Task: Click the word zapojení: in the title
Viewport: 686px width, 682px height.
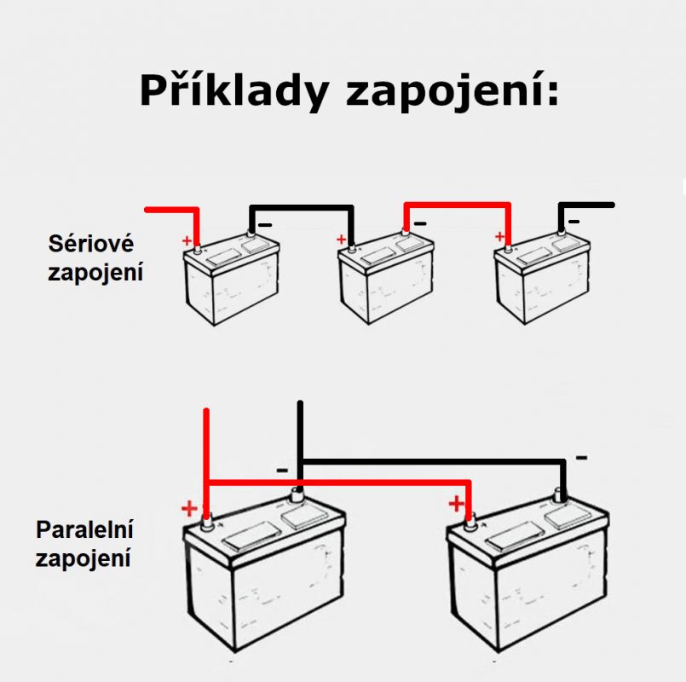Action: [x=453, y=91]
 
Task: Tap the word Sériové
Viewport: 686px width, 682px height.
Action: [x=91, y=244]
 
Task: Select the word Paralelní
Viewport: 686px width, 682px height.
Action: [x=84, y=529]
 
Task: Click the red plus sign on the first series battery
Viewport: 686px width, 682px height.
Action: [x=187, y=241]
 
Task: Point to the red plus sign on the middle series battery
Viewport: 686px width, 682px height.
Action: [x=341, y=240]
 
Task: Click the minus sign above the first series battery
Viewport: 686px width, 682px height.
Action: [x=266, y=224]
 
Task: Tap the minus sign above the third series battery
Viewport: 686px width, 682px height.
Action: [x=574, y=222]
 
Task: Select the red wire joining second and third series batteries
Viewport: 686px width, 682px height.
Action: [x=457, y=205]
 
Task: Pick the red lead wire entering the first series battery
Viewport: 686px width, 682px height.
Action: [x=171, y=210]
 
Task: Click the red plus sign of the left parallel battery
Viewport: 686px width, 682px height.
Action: [x=189, y=510]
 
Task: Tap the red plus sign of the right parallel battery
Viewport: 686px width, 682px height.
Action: [x=458, y=502]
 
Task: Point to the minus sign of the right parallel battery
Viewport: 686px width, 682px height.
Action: [x=581, y=458]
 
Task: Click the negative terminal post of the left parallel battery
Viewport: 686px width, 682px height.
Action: [x=297, y=494]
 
